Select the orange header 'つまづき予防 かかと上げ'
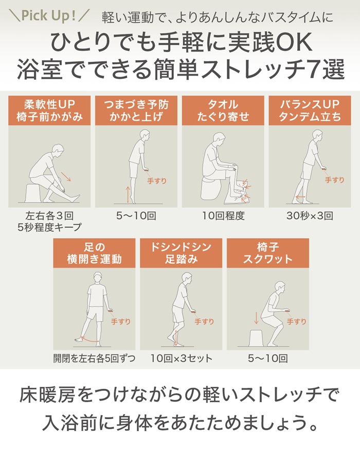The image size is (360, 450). coord(136,110)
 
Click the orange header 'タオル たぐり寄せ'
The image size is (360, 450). coord(223,110)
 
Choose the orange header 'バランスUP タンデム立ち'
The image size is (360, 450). coord(310,110)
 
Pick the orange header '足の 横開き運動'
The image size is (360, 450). coord(94,253)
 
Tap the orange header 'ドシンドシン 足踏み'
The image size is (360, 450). coord(181,253)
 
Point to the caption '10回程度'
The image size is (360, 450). coord(223,215)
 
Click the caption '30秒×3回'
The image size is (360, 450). coord(310,215)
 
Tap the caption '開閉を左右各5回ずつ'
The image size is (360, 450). coord(94,358)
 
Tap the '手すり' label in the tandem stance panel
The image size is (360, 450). coord(334,179)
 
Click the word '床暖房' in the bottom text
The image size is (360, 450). coord(43,395)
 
